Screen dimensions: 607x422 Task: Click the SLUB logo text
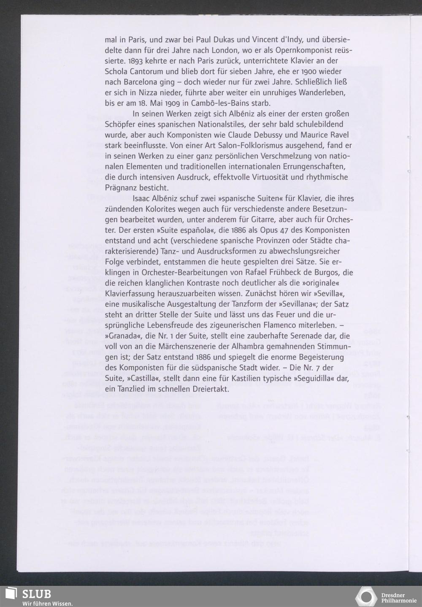37,594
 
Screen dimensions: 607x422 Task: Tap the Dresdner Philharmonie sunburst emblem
366,596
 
